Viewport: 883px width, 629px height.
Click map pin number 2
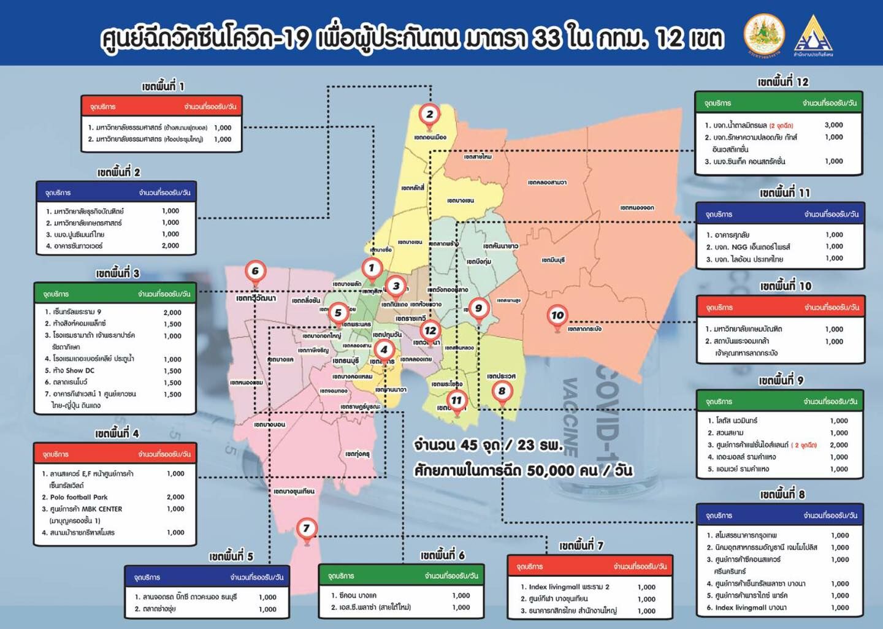[429, 115]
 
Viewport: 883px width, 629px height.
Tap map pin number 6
[255, 272]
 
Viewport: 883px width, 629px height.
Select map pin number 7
[307, 528]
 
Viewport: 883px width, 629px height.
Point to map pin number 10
[557, 316]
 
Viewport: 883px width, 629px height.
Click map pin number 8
[502, 391]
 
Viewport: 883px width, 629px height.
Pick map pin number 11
[456, 401]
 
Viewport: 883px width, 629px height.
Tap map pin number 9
[478, 308]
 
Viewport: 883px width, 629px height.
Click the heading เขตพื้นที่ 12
[782, 82]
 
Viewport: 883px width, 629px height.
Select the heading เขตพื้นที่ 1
[162, 86]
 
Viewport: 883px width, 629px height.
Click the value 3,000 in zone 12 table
[833, 125]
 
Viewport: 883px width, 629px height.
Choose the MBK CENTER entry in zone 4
[86, 509]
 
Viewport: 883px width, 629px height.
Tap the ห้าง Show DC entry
[74, 370]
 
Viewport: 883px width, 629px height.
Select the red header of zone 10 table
[781, 307]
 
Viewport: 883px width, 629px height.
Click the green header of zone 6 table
[401, 576]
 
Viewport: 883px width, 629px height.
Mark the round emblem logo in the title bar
[764, 34]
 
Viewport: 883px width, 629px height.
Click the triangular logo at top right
[813, 34]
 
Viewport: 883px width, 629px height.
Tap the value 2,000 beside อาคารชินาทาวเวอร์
[170, 245]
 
